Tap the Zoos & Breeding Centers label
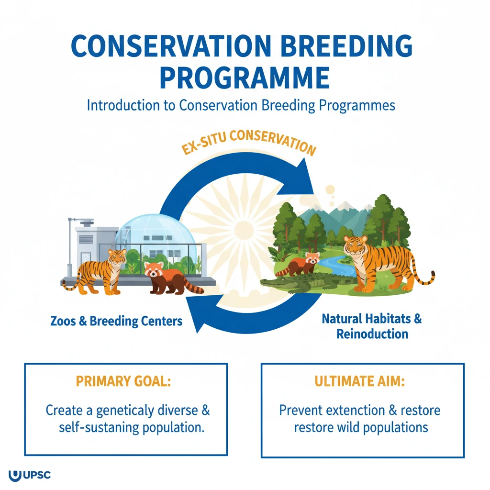[x=116, y=321]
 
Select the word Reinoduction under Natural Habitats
[x=372, y=334]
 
